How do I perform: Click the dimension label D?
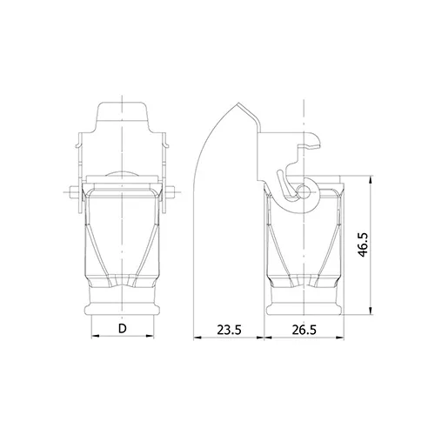[x=123, y=329]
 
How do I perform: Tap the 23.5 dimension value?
[x=229, y=330]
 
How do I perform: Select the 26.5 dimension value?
[x=304, y=330]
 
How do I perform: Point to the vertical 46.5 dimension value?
[x=363, y=244]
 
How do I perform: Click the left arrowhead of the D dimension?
[x=96, y=336]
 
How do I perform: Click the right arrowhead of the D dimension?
[x=150, y=336]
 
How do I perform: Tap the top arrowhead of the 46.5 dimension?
[x=371, y=179]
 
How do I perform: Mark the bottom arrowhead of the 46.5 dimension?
[x=371, y=311]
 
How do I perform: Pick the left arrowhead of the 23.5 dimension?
[x=197, y=338]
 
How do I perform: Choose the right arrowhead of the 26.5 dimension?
[x=339, y=338]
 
